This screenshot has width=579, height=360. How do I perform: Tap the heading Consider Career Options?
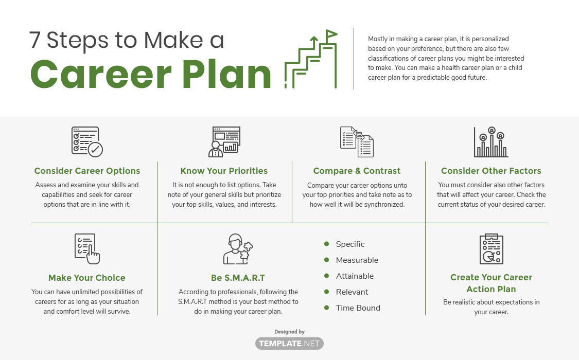[87, 171]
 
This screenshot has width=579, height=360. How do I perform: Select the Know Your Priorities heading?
[224, 171]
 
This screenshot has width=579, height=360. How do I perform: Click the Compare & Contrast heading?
[357, 171]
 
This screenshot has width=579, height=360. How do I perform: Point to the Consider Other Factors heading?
[491, 171]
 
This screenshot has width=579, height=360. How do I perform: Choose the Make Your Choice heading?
[87, 278]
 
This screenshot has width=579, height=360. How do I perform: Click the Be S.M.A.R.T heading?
[238, 278]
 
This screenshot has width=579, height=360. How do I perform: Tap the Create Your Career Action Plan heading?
[491, 283]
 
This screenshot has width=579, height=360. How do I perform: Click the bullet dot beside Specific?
[326, 243]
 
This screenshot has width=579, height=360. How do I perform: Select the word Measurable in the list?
[357, 260]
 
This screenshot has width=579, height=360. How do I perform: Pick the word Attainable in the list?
[355, 276]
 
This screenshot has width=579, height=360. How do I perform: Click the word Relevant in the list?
[352, 292]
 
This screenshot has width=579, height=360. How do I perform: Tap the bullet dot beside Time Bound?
[326, 307]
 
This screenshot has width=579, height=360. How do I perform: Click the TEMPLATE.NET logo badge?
[289, 344]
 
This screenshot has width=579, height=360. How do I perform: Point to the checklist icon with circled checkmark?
[87, 141]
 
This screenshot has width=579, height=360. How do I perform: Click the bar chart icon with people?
[491, 142]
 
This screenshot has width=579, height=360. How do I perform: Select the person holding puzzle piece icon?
[238, 249]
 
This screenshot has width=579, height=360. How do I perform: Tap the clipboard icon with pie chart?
[491, 249]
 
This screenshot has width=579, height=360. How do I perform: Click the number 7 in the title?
[34, 40]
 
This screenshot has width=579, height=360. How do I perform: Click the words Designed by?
[289, 332]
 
